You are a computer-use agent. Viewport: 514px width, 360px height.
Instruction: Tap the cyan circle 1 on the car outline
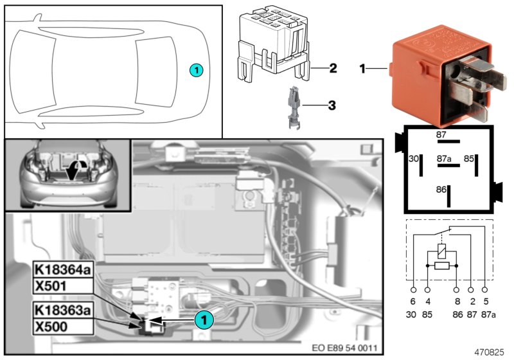(x=197, y=69)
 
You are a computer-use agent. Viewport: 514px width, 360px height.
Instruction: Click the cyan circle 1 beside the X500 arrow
(x=204, y=317)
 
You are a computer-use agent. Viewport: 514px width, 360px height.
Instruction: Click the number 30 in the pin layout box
(x=414, y=157)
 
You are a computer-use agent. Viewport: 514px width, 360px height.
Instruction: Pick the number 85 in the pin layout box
(x=469, y=157)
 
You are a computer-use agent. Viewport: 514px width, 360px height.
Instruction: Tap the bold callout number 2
(x=333, y=67)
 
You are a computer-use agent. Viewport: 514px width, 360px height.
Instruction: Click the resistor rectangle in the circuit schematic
(x=441, y=265)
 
